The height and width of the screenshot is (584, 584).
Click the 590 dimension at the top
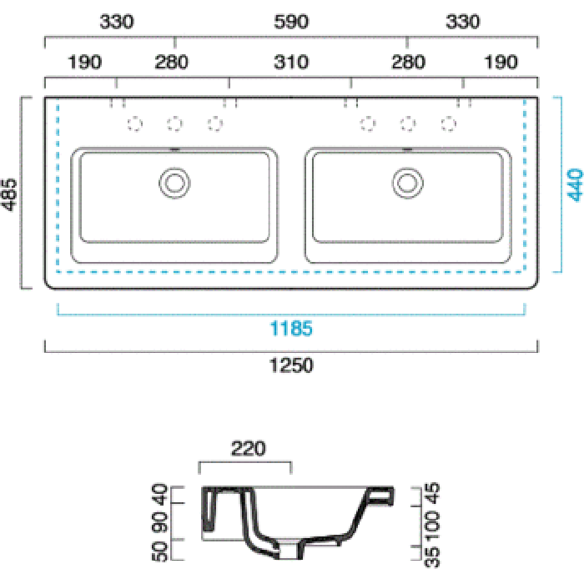click(291, 22)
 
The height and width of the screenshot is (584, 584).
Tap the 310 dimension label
click(291, 62)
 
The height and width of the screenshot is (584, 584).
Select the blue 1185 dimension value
click(291, 329)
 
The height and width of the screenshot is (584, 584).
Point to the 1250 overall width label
click(291, 365)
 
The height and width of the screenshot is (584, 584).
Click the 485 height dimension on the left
click(9, 194)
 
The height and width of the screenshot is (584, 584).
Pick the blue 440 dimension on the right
click(575, 185)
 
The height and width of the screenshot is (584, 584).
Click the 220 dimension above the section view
click(249, 448)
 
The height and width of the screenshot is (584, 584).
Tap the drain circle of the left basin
click(174, 183)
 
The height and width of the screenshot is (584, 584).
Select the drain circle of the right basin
click(407, 183)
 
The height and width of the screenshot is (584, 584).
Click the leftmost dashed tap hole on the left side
click(134, 123)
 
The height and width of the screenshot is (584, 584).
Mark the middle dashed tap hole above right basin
click(408, 123)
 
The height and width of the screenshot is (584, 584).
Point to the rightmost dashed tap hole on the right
click(449, 123)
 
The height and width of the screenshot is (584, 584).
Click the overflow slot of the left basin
click(174, 149)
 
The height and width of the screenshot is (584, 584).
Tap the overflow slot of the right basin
click(407, 149)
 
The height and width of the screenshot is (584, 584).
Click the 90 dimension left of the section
click(160, 521)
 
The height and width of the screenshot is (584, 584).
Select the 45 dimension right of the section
click(432, 494)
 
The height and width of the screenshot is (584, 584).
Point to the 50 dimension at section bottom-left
click(160, 551)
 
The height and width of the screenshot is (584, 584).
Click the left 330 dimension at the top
click(117, 22)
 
